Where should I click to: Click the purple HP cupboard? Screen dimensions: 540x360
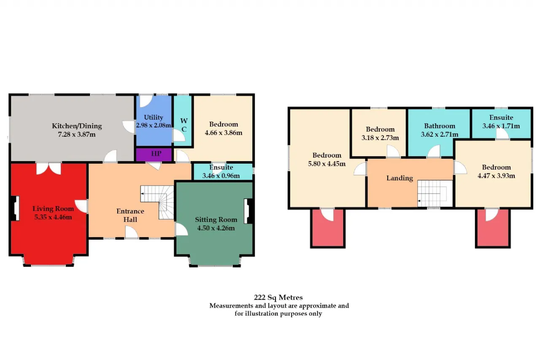coord(154,154)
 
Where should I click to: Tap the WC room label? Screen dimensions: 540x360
coord(184,125)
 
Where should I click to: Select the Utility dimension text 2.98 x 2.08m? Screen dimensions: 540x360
coord(154,125)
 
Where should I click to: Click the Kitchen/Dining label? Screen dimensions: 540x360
coord(77,126)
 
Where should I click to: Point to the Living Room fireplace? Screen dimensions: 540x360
coord(14,208)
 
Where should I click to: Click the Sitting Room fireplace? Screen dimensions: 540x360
coord(249,211)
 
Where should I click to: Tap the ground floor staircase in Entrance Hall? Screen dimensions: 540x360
coord(157,202)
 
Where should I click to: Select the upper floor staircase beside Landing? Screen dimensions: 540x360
coord(435,193)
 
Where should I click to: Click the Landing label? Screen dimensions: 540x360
coord(400,178)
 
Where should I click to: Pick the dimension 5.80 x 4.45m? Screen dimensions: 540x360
coord(327,164)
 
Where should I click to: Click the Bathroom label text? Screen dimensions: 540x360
coord(440,126)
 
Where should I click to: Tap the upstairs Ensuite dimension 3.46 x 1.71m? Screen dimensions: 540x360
coord(501,126)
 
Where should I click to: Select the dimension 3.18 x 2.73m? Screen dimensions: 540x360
coord(380,138)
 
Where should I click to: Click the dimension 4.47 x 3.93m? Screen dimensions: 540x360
coord(496,176)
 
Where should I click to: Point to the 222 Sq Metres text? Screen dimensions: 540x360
coord(278,297)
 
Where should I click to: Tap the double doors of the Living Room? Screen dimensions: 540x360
coord(49,168)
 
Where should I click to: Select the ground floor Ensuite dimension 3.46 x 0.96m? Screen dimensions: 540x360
coord(221,176)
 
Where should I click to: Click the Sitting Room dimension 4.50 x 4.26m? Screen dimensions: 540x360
coord(216,228)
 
